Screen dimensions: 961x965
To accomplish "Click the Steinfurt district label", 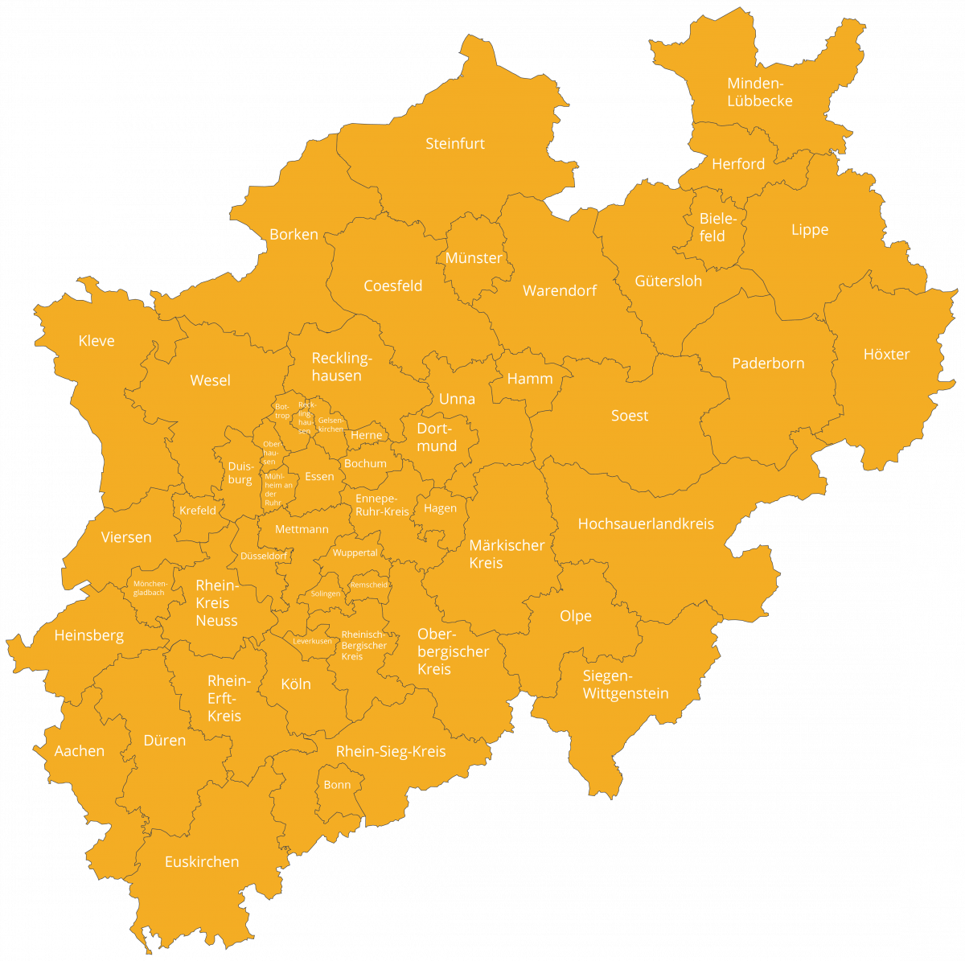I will [455, 144].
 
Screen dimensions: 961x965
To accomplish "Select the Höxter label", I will [886, 355].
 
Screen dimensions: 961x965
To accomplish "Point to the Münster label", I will [474, 258].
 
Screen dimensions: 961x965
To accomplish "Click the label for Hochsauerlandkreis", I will [646, 524].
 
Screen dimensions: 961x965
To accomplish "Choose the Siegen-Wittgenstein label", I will [626, 684].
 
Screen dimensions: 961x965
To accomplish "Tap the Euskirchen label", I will [202, 862].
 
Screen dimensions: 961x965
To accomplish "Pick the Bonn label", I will [337, 785].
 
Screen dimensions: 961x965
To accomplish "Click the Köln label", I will [296, 684].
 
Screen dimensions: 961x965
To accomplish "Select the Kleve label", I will [96, 341].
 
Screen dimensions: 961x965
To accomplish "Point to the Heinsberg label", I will [89, 635].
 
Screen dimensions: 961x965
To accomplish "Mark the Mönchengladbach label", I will [149, 588].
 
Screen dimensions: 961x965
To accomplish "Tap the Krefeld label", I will [198, 511].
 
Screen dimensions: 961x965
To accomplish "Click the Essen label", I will [319, 477].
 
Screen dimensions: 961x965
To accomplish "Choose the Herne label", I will [367, 436].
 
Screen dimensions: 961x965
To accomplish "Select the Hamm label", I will [530, 379].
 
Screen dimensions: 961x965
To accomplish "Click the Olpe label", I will [576, 616].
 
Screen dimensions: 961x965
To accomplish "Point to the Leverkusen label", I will [312, 642].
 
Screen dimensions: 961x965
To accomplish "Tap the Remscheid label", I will [369, 585].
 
